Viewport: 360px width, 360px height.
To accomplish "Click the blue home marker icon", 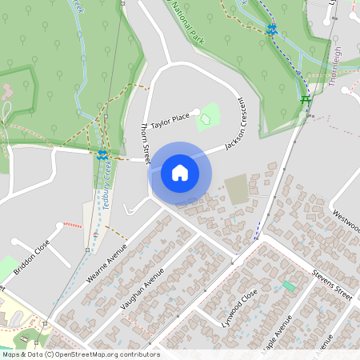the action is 180,172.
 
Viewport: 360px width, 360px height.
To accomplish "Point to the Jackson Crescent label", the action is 234,125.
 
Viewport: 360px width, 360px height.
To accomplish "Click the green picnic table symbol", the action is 305,99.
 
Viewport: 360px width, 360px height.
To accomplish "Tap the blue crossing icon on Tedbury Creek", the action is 102,155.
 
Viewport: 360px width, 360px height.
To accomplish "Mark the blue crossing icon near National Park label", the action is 272,30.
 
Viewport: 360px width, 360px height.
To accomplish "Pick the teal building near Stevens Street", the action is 288,286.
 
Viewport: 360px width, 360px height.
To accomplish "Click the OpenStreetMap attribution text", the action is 80,354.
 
